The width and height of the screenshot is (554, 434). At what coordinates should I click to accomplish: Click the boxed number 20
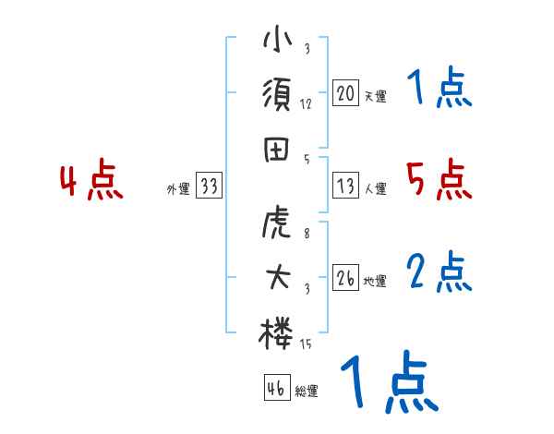tap(345, 93)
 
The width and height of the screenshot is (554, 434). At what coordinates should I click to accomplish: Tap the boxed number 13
tap(345, 186)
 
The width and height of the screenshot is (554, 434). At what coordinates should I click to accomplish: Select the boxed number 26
tap(345, 278)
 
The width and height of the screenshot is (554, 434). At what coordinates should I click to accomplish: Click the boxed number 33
tap(209, 187)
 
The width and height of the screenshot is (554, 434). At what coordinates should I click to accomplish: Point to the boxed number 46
tap(276, 388)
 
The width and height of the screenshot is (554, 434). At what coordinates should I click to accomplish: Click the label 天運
tap(375, 96)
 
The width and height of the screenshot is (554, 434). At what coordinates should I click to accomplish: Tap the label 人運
tap(375, 188)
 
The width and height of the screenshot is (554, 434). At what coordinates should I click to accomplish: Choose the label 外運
tap(177, 189)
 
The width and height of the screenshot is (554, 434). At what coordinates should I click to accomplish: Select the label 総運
tap(307, 391)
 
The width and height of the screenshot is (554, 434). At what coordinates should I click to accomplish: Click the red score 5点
tap(440, 179)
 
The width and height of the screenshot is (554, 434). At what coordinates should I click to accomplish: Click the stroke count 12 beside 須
tap(306, 104)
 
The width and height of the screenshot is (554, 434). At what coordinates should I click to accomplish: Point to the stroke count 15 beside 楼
tap(307, 344)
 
